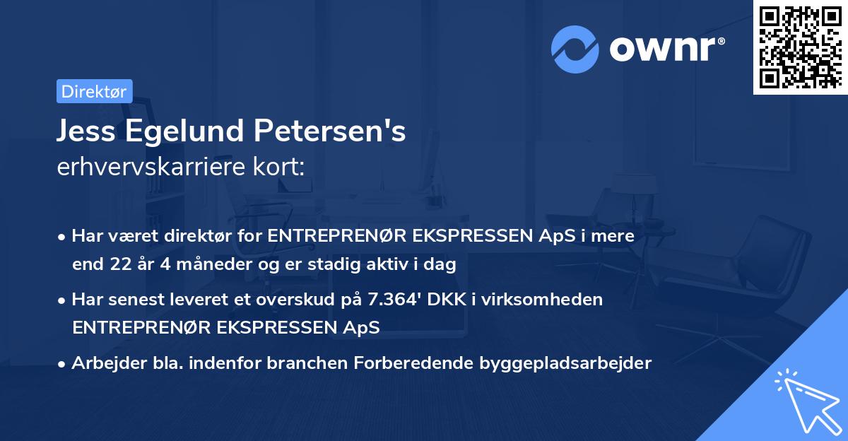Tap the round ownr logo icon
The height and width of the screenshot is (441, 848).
click(x=575, y=49)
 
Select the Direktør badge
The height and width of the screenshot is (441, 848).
click(x=94, y=91)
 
